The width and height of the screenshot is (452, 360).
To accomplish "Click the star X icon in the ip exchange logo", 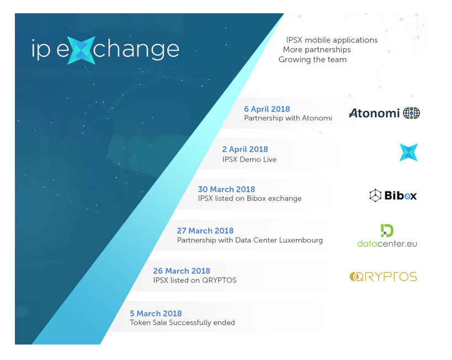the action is pyautogui.click(x=81, y=50).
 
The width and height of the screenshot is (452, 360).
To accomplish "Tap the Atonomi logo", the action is pyautogui.click(x=384, y=113).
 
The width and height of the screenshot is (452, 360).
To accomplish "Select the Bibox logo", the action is pyautogui.click(x=393, y=195).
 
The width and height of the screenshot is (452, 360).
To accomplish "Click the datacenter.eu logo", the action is pyautogui.click(x=387, y=236).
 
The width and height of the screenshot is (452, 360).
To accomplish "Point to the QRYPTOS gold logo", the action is pyautogui.click(x=383, y=277).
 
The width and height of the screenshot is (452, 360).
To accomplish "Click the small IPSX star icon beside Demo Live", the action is pyautogui.click(x=408, y=152).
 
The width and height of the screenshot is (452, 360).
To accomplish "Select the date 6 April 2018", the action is pyautogui.click(x=267, y=109).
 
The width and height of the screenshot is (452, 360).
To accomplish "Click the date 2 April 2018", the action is pyautogui.click(x=245, y=149).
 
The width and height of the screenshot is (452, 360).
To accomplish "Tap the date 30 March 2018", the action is pyautogui.click(x=226, y=189).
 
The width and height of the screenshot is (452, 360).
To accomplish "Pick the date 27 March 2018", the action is pyautogui.click(x=205, y=231).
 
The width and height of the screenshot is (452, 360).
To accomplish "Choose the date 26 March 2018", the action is pyautogui.click(x=182, y=271).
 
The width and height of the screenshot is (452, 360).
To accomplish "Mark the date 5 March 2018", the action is pyautogui.click(x=156, y=313).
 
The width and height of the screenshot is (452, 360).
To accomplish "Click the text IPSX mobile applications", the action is pyautogui.click(x=332, y=40).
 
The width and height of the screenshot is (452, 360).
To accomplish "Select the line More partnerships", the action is pyautogui.click(x=317, y=50).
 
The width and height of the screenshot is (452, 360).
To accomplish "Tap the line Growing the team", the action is pyautogui.click(x=312, y=60).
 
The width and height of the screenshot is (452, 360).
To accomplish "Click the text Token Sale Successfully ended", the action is pyautogui.click(x=182, y=322).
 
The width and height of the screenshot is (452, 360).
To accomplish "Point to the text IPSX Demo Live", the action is pyautogui.click(x=249, y=159).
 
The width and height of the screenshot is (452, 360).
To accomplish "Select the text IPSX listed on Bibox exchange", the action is pyautogui.click(x=249, y=198).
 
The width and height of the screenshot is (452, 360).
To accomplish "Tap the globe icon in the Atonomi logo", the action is pyautogui.click(x=411, y=113).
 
